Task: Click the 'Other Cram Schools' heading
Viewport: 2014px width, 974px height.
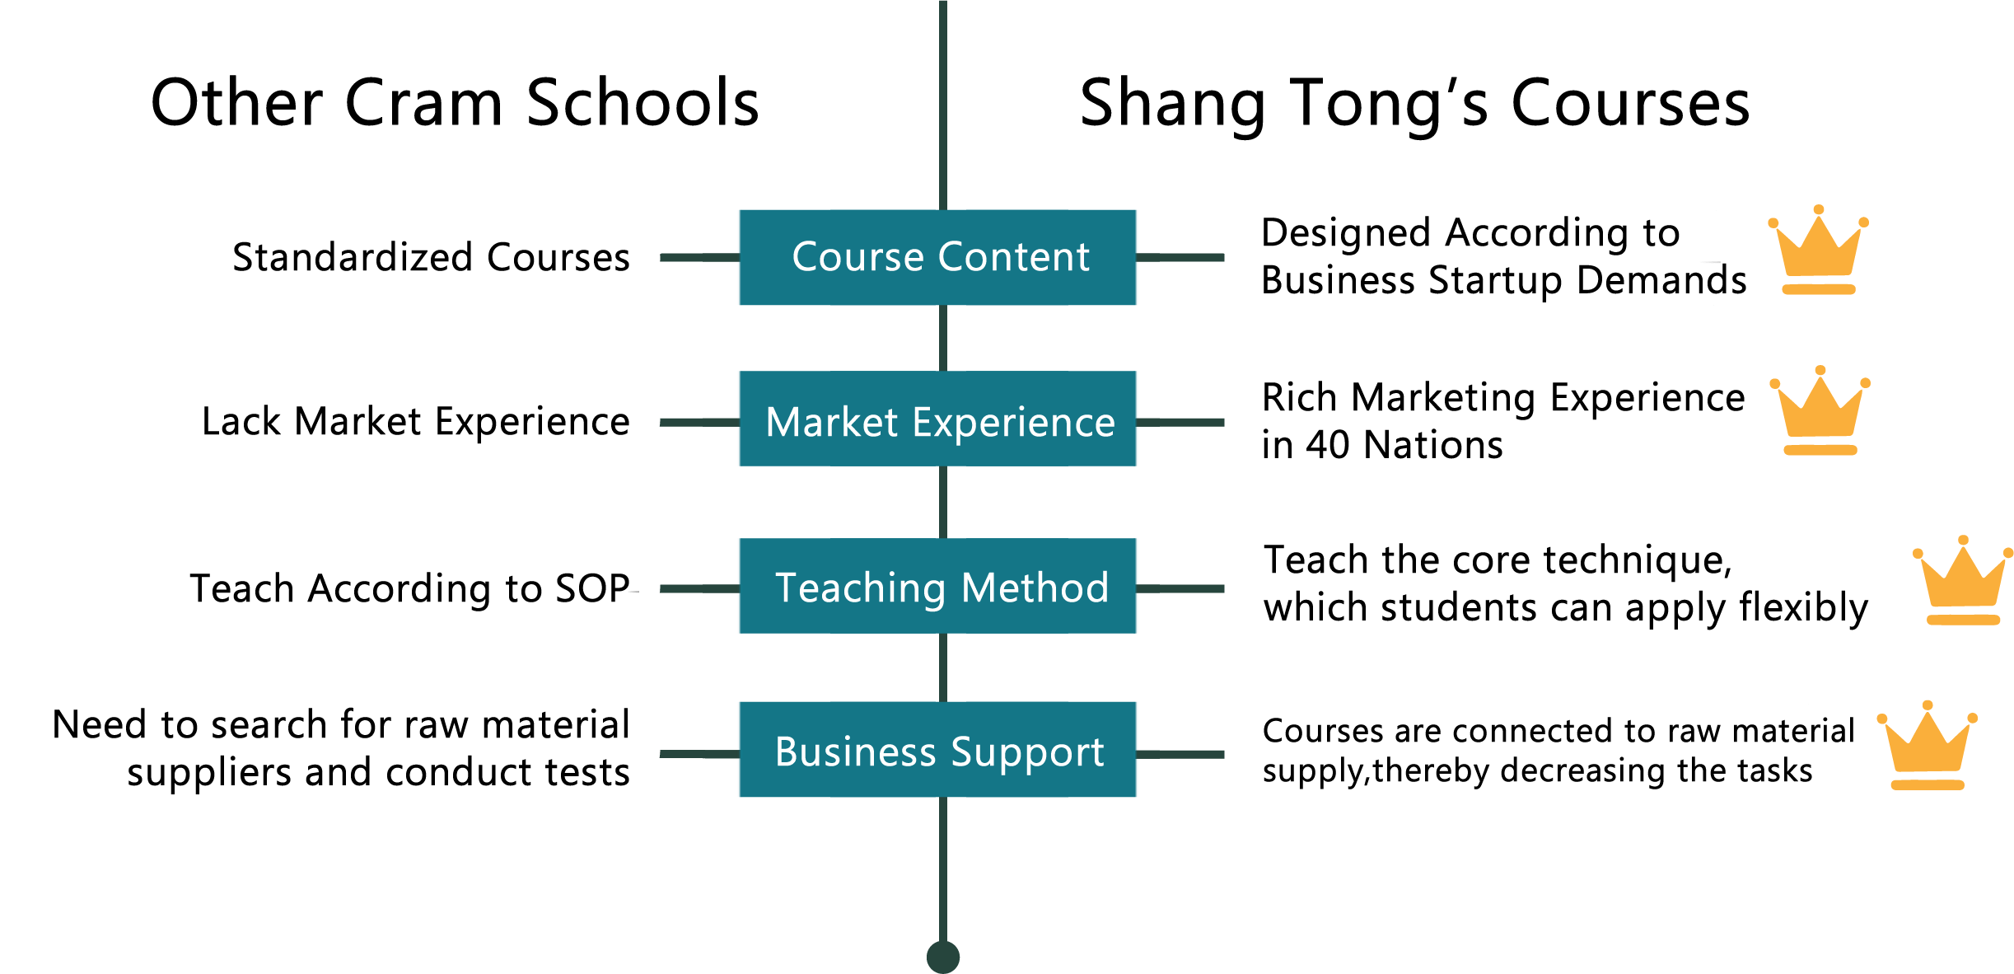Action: (455, 103)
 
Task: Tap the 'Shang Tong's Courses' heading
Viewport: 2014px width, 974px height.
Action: (1414, 105)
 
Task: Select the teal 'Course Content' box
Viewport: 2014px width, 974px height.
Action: (938, 257)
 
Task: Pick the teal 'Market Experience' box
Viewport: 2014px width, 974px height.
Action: (938, 419)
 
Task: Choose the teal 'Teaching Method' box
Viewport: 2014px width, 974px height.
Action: (938, 587)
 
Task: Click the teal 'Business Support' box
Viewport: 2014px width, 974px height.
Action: (938, 750)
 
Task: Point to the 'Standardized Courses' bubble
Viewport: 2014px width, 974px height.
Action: (431, 258)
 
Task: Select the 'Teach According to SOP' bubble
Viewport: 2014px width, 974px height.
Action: (412, 588)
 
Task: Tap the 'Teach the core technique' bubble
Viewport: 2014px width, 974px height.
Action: (1565, 586)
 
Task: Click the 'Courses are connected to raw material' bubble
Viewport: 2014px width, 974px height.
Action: (1549, 751)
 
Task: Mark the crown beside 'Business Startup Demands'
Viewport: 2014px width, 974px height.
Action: (1818, 251)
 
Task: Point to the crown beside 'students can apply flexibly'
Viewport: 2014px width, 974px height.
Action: (1963, 582)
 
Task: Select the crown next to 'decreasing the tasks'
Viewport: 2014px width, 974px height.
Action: (1928, 747)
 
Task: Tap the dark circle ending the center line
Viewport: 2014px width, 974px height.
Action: (943, 957)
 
